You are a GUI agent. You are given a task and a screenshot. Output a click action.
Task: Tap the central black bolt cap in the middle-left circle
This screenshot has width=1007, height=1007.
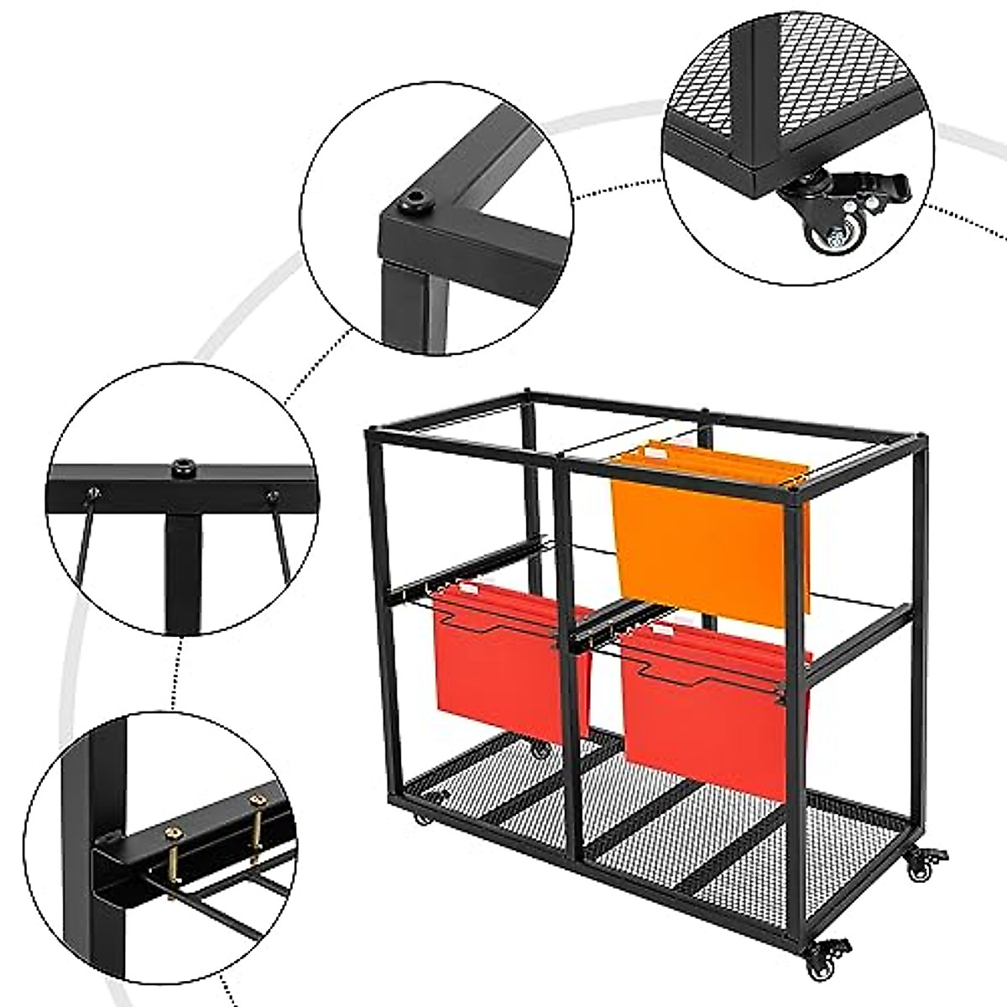tap(180, 465)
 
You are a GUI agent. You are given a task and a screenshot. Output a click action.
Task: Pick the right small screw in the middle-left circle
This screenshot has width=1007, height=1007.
tap(271, 497)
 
